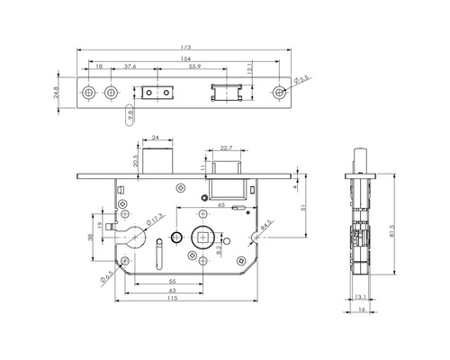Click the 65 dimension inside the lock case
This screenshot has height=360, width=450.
click(x=220, y=207)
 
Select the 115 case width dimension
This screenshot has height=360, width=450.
click(x=171, y=299)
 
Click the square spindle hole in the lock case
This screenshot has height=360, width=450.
click(x=203, y=238)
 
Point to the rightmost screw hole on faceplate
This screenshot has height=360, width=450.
click(x=282, y=93)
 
